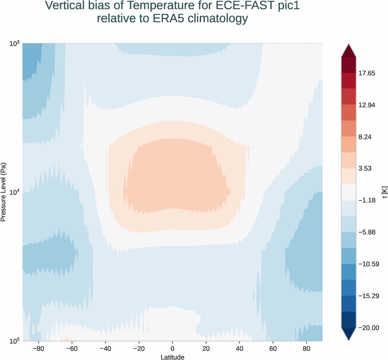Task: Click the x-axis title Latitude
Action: pos(172,357)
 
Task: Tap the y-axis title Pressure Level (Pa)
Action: pos(4,192)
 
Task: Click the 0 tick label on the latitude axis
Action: pos(172,348)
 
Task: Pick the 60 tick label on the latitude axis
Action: pos(273,348)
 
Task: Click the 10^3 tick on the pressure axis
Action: pos(14,44)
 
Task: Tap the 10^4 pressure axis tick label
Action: pos(14,192)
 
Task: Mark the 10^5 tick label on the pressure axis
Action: pos(14,341)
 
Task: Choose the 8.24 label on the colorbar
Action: pos(366,137)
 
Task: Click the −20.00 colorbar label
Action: pos(368,328)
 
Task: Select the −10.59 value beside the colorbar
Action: pos(368,264)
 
